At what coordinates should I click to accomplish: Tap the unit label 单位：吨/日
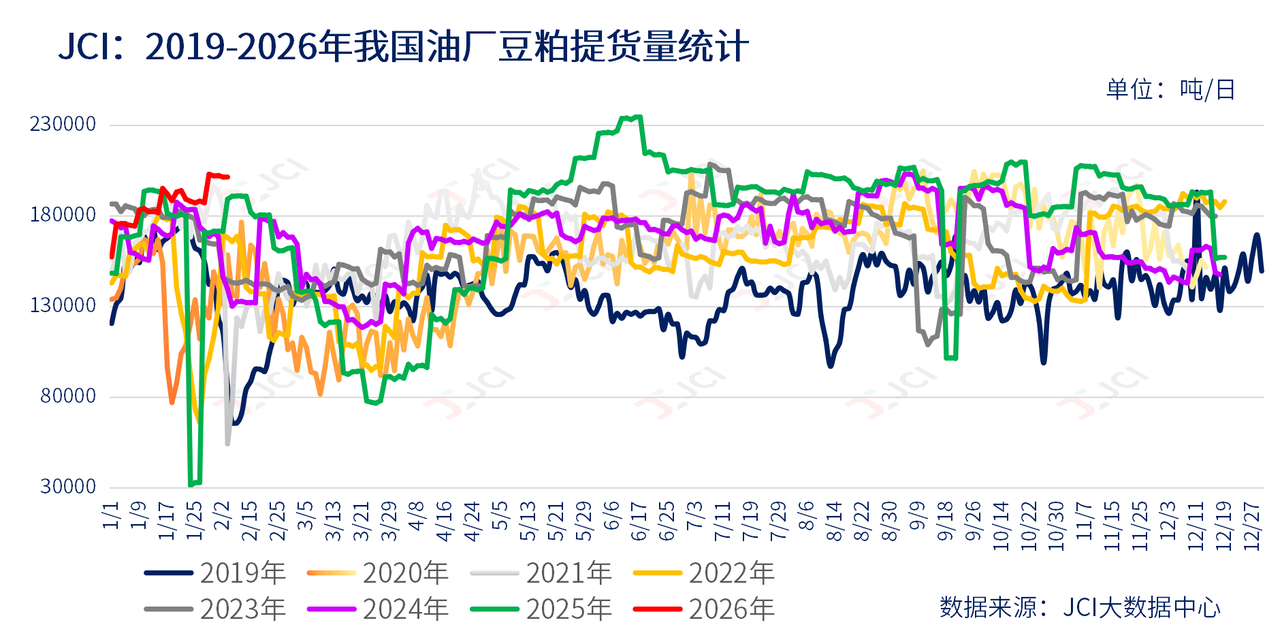[x=1170, y=89]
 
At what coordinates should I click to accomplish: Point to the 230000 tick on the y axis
[x=63, y=124]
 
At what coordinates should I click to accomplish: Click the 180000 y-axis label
[x=63, y=215]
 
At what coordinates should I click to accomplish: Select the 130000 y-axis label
[x=63, y=305]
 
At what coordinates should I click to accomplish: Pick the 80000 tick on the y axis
[x=68, y=396]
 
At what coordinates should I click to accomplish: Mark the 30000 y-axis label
[x=68, y=487]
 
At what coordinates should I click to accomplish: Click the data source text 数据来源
[x=1080, y=607]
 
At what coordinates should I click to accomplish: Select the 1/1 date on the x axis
[x=111, y=515]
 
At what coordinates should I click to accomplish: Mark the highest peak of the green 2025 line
[x=637, y=117]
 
